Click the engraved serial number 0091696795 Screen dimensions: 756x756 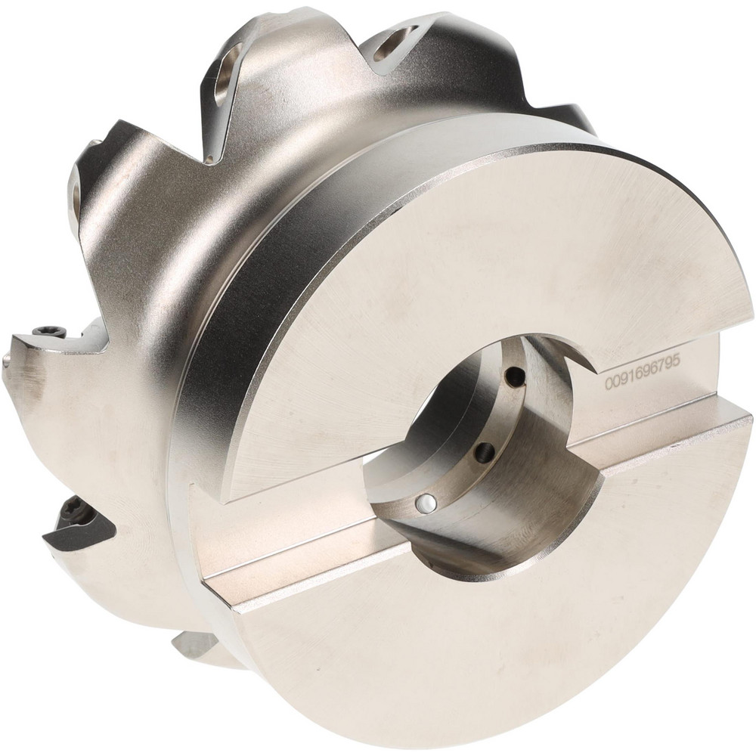click(643, 372)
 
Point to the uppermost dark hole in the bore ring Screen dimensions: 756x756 click(516, 376)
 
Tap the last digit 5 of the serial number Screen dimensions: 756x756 click(676, 361)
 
